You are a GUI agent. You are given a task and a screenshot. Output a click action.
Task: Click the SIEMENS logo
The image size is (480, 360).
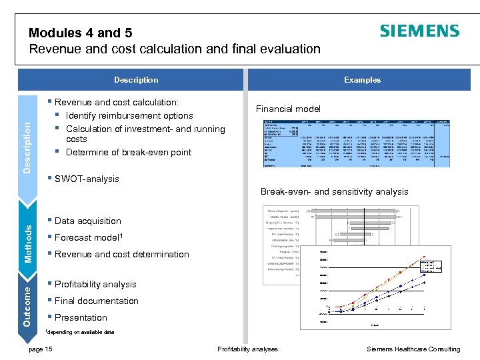pyautogui.click(x=419, y=31)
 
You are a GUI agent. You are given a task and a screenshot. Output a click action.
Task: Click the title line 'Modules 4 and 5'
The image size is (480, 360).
pyautogui.click(x=75, y=33)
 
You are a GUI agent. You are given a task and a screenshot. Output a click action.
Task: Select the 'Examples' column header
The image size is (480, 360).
pyautogui.click(x=362, y=80)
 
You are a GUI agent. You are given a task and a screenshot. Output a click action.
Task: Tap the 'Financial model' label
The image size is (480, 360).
pyautogui.click(x=288, y=109)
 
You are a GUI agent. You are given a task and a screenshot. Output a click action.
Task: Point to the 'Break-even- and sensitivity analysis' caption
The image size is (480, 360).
pyautogui.click(x=334, y=192)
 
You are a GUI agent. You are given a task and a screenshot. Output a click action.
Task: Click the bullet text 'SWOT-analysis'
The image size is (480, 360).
pyautogui.click(x=87, y=179)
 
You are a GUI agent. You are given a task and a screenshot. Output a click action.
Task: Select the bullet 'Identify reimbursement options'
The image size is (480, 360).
pyautogui.click(x=129, y=115)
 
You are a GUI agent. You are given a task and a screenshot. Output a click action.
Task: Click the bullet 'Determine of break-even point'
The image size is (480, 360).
pyautogui.click(x=129, y=152)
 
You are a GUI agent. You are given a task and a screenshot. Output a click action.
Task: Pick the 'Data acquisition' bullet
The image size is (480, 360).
pyautogui.click(x=87, y=221)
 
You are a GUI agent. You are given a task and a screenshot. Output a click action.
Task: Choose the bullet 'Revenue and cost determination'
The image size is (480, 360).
pyautogui.click(x=121, y=254)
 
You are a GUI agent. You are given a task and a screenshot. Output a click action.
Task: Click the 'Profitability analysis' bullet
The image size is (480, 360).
pyautogui.click(x=95, y=284)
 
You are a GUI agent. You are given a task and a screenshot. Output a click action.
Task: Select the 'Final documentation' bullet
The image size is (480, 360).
pyautogui.click(x=96, y=301)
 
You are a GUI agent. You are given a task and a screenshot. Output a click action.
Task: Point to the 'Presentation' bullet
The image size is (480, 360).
pyautogui.click(x=81, y=317)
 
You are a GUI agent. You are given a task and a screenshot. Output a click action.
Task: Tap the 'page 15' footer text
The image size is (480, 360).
pyautogui.click(x=41, y=349)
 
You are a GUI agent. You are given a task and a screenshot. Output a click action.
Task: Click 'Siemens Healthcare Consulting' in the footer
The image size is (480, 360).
pyautogui.click(x=413, y=349)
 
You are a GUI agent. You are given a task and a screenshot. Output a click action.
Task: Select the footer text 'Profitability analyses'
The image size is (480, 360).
pyautogui.click(x=247, y=349)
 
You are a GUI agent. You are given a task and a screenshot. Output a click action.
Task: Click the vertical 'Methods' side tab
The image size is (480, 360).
pyautogui.click(x=29, y=243)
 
